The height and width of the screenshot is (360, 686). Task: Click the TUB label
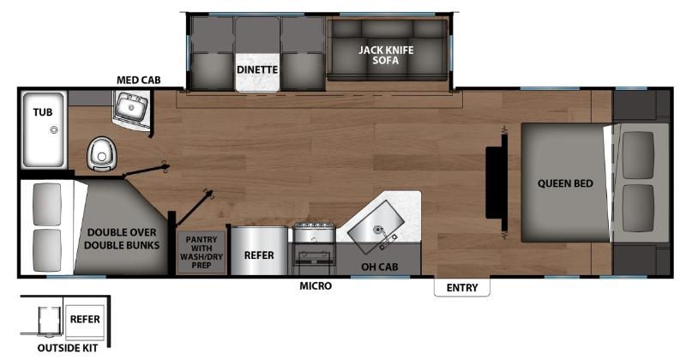pos(42,112)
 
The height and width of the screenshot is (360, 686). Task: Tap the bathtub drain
pos(54,130)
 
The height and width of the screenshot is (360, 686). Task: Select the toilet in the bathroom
pos(102,153)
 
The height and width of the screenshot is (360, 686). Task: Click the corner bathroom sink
pos(130,106)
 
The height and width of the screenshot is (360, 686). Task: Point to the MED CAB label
pos(138,80)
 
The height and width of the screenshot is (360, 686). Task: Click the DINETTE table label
pos(257,70)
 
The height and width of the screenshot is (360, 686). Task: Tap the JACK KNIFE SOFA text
pos(386,55)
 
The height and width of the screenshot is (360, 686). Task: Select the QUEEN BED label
pos(565,183)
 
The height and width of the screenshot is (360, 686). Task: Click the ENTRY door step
pos(462,287)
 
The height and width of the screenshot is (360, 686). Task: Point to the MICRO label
pos(316,285)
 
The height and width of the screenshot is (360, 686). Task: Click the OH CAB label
pos(379,267)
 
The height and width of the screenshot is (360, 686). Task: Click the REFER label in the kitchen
pos(259,255)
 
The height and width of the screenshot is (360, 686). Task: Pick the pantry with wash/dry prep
pos(202,252)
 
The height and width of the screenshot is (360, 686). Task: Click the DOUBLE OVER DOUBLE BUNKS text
pos(122,239)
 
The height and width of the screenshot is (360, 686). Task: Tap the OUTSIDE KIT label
pos(68,348)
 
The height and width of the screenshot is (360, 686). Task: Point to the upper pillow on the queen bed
pos(638,155)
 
